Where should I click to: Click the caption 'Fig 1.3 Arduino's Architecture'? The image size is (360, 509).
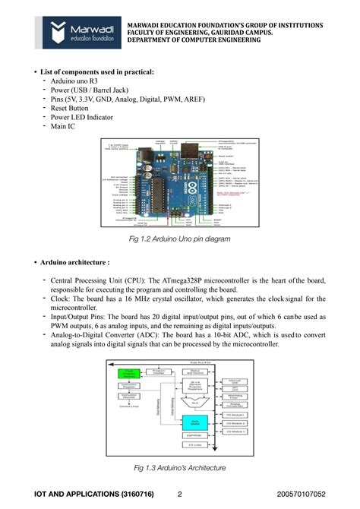click(x=179, y=467)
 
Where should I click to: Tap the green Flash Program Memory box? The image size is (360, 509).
click(x=131, y=374)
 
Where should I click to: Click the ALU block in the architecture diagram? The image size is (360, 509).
click(x=195, y=403)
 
